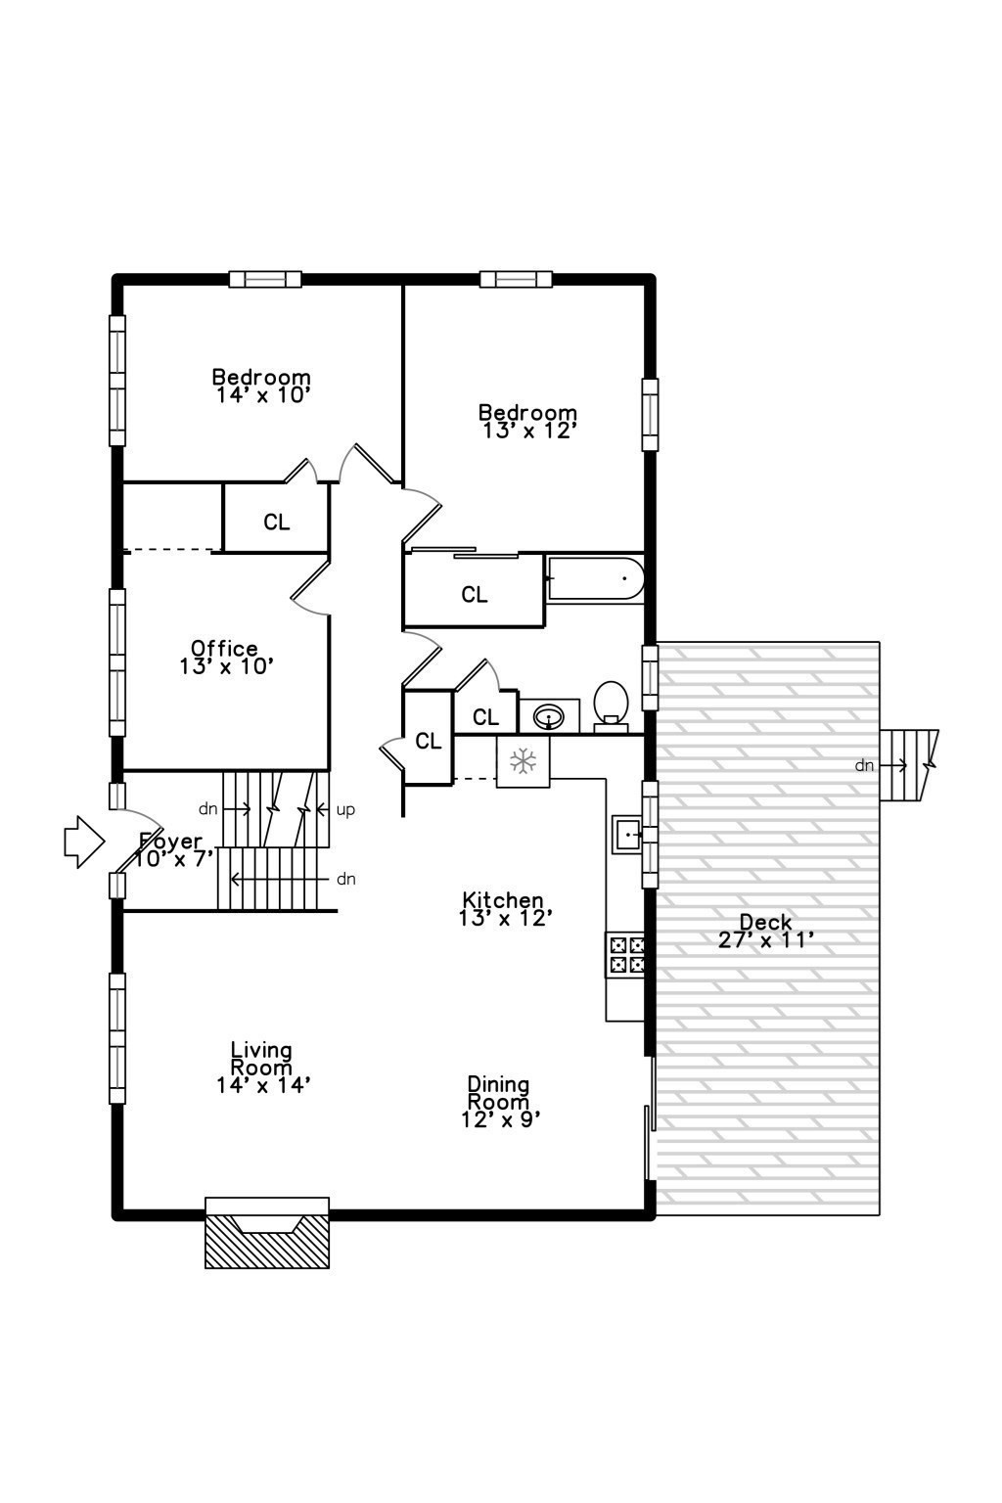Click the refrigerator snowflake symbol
coord(524,761)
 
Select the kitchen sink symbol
coord(626,835)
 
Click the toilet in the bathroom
coord(611,705)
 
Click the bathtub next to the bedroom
coord(595,579)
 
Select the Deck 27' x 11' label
coord(766,931)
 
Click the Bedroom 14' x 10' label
coord(262,386)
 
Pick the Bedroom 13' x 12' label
coord(527,421)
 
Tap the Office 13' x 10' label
coord(225,657)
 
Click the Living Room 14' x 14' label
coord(262,1067)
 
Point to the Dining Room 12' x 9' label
coord(499,1102)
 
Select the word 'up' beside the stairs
coord(345,810)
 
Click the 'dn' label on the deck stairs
coord(864,765)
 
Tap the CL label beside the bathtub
coord(475,595)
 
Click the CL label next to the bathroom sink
coord(485,718)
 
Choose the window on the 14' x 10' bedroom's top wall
coord(265,280)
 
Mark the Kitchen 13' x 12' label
coord(504,908)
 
